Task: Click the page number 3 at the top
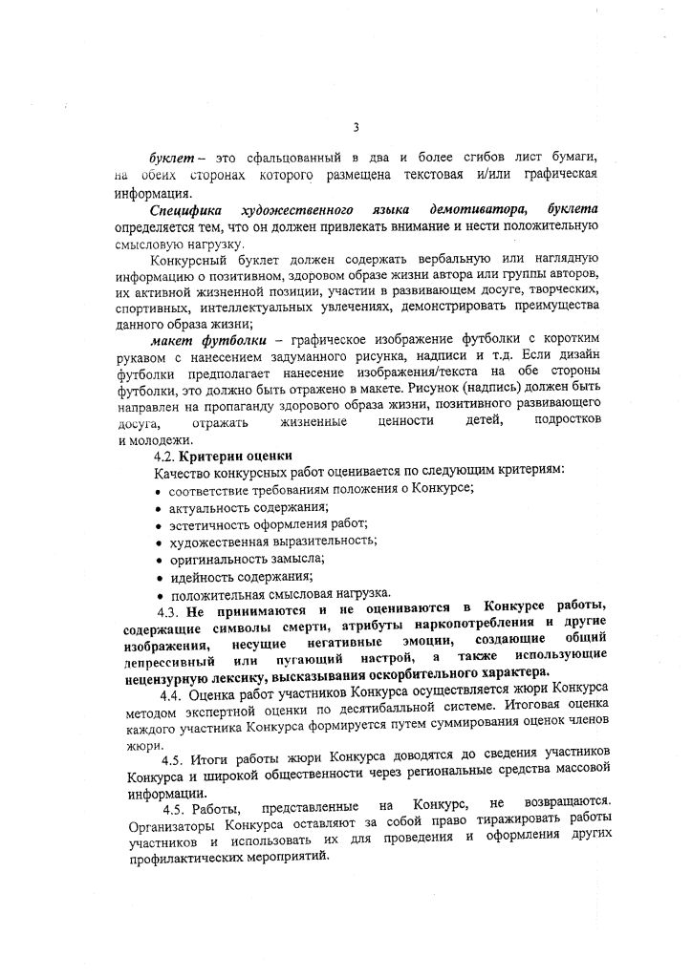click(x=356, y=126)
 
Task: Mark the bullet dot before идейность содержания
click(x=158, y=577)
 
